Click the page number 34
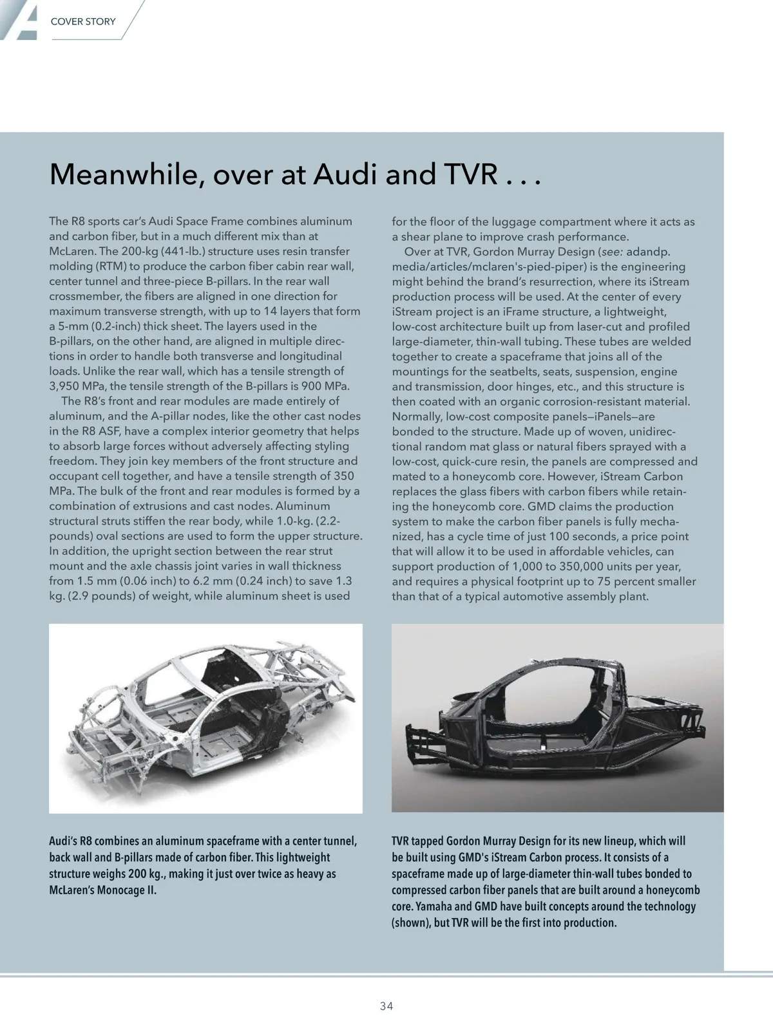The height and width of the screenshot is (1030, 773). point(386,1006)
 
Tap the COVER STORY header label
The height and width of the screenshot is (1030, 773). point(83,21)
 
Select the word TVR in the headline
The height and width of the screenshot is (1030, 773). point(464,174)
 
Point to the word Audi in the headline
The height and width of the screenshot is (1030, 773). point(347,174)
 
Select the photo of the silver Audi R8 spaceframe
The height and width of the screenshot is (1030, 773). point(205,718)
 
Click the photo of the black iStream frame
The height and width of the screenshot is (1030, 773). point(557,718)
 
